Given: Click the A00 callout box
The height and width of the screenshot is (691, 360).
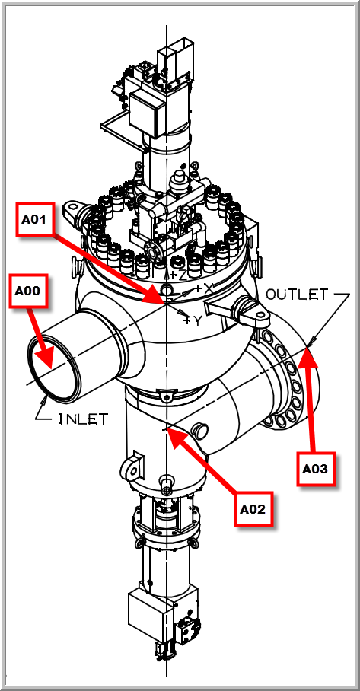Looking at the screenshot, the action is [28, 291].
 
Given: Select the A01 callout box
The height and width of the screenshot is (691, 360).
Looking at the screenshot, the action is [36, 219].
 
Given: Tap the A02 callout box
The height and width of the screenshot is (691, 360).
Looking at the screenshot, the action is [253, 509].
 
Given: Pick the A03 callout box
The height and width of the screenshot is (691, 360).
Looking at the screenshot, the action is [316, 469].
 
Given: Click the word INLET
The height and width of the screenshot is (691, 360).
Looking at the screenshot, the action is [83, 419].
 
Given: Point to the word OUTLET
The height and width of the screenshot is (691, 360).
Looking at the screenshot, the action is [297, 295].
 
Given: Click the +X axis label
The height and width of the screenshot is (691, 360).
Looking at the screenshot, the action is [204, 289].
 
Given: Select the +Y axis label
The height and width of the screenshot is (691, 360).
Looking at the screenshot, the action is [193, 320].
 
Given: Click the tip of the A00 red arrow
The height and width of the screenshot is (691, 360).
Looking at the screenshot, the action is [52, 368].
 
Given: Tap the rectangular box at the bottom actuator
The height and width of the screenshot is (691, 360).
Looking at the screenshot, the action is [149, 611].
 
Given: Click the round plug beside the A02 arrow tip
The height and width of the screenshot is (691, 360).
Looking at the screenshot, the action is [201, 430].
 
